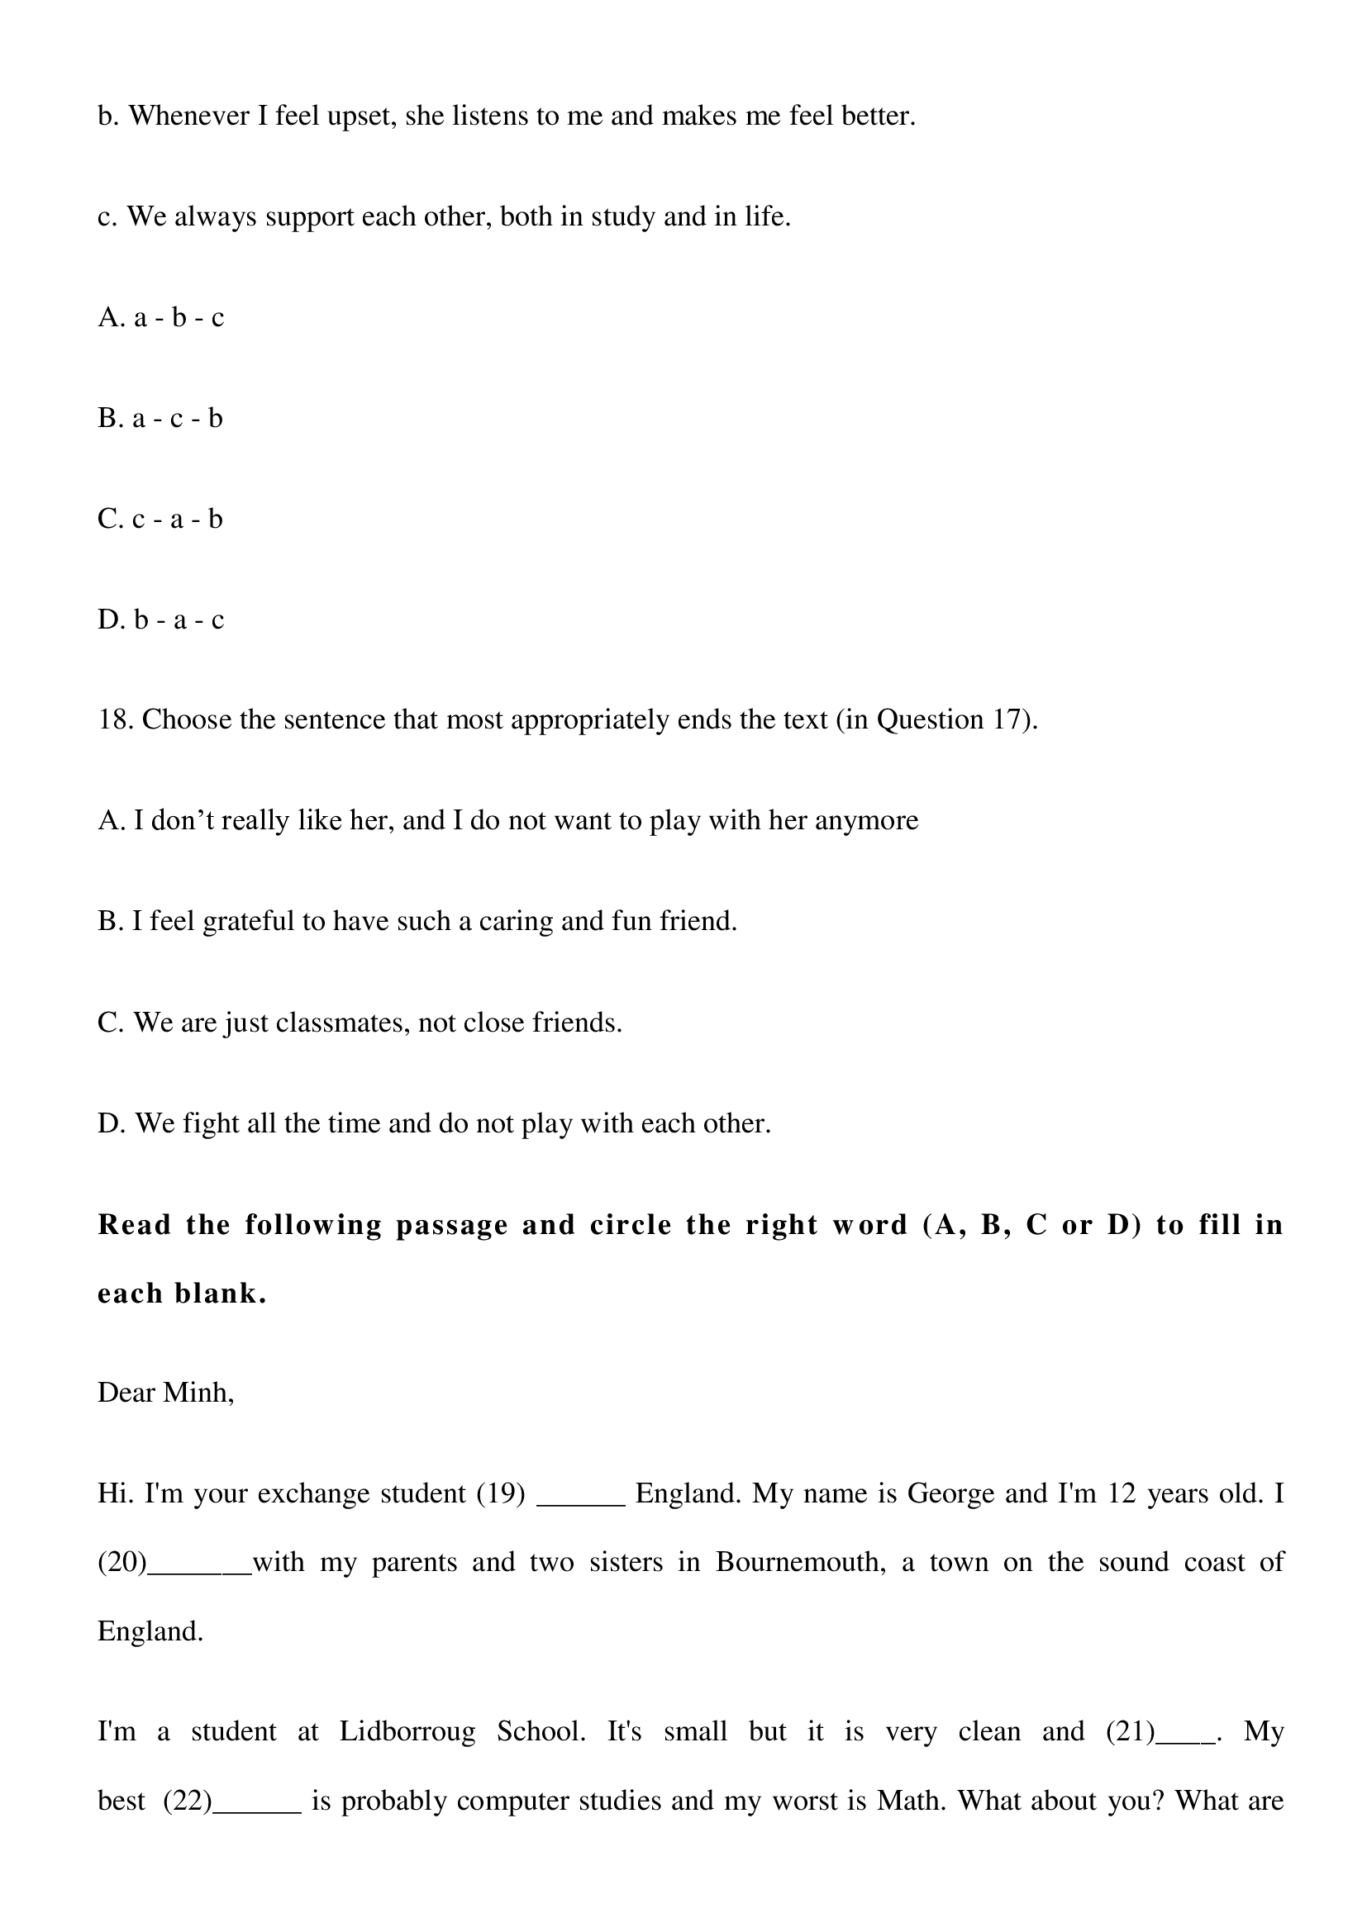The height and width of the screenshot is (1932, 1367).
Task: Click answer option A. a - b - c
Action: pyautogui.click(x=161, y=318)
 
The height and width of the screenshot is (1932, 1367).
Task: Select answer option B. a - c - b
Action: pyautogui.click(x=160, y=418)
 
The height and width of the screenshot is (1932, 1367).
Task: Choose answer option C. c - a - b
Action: pyautogui.click(x=160, y=520)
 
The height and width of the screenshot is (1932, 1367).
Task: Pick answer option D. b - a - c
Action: pyautogui.click(x=161, y=620)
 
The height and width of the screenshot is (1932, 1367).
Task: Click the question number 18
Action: pyautogui.click(x=116, y=720)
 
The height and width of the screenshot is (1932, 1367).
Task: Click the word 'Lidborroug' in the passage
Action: pyautogui.click(x=407, y=1733)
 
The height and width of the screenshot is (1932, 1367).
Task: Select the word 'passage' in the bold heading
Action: pyautogui.click(x=452, y=1226)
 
